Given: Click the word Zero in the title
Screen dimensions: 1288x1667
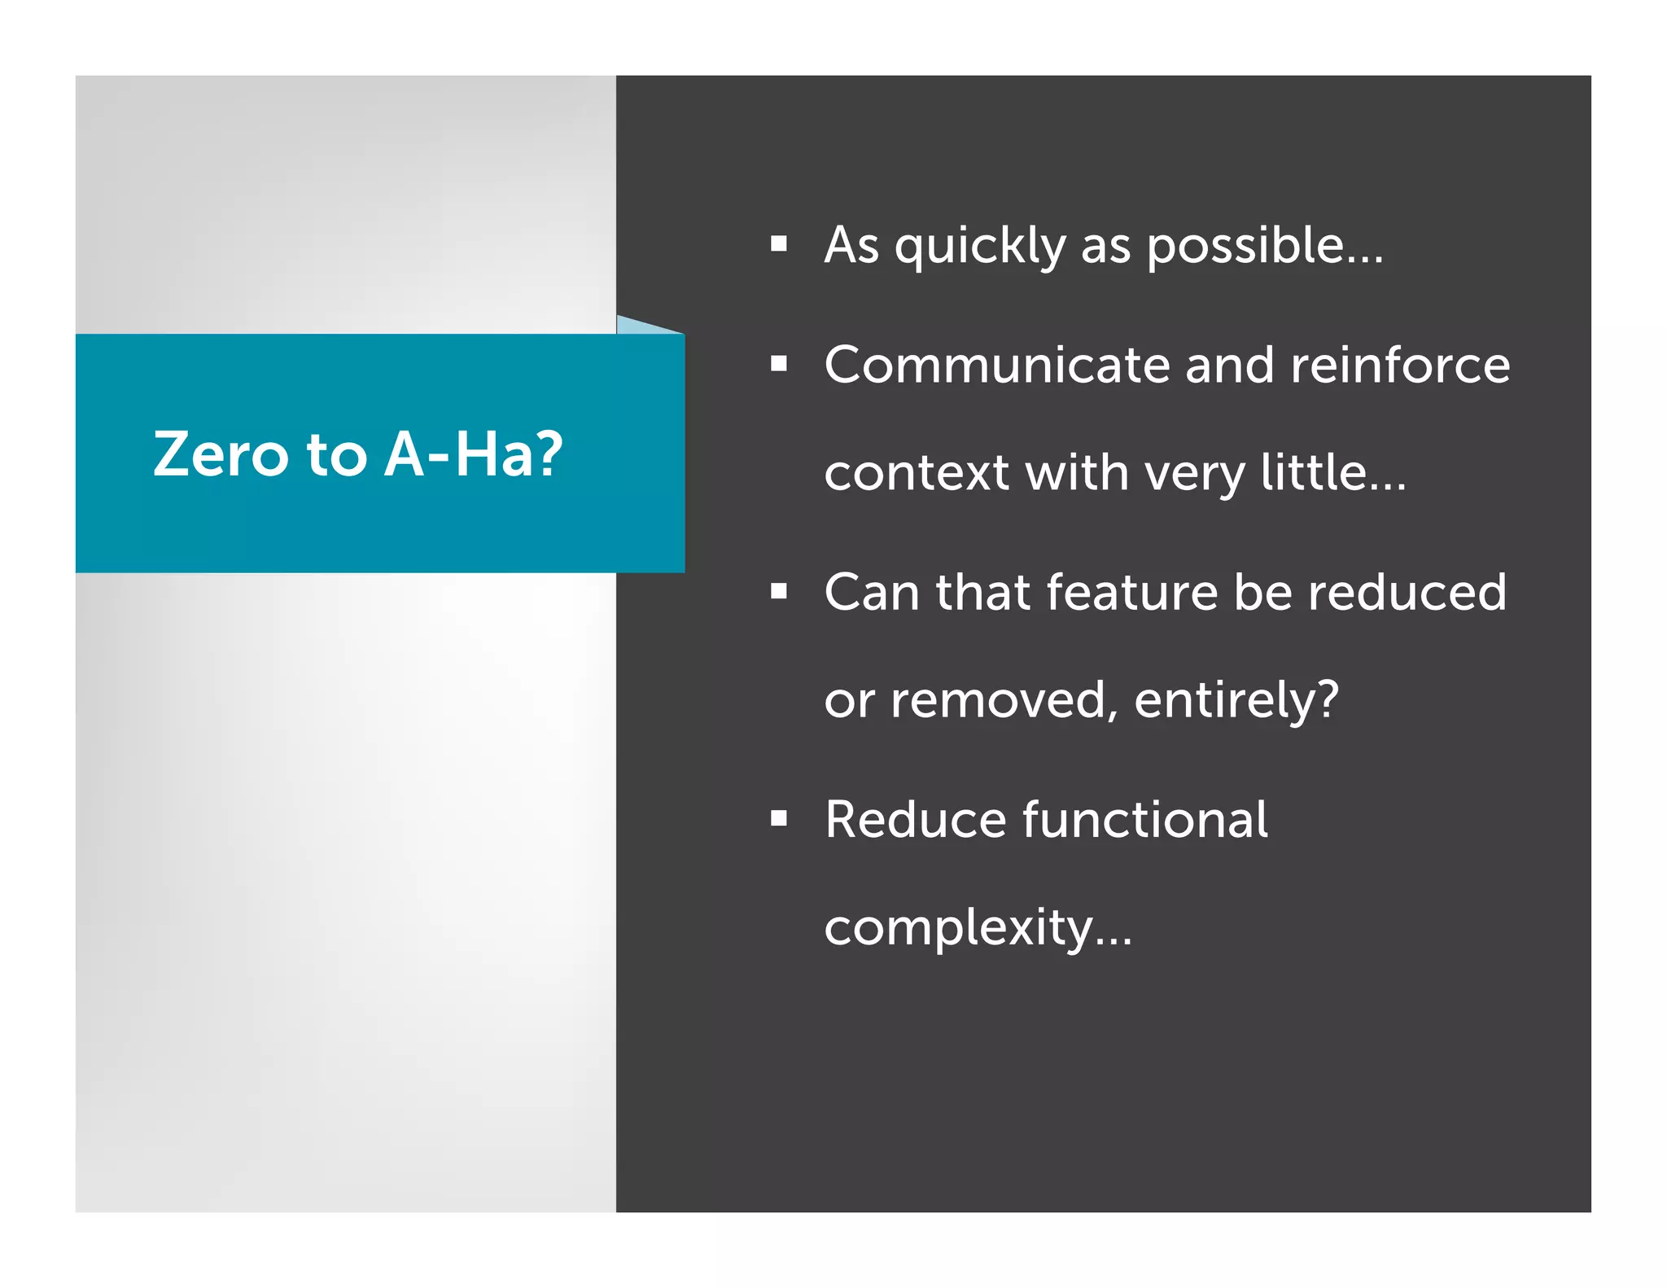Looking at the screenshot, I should [220, 454].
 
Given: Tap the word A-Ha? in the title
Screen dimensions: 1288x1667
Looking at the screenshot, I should [473, 454].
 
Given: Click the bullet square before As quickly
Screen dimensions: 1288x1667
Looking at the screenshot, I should [779, 243].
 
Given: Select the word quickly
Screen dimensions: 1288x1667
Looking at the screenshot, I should [979, 246].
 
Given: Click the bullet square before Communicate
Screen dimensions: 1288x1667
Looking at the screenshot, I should [779, 364].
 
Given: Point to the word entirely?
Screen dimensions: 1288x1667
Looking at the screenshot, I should [1236, 700].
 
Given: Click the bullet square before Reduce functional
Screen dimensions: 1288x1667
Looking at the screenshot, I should [779, 818].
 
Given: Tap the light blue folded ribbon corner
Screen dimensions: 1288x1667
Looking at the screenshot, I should [639, 326].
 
